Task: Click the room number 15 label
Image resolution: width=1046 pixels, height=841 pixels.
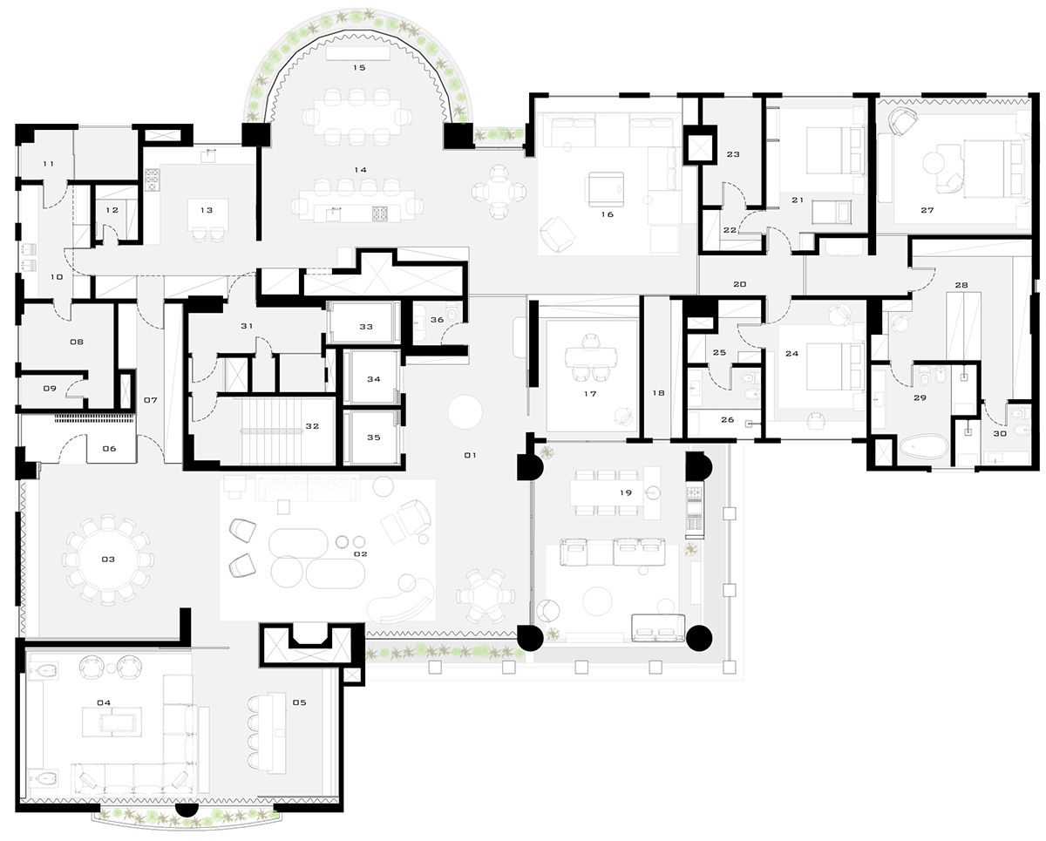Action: pos(359,68)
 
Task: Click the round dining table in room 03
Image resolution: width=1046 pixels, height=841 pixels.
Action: pos(108,560)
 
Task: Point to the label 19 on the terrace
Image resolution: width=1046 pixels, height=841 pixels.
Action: pos(626,493)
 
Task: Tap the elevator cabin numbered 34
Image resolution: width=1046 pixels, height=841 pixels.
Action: pos(374,377)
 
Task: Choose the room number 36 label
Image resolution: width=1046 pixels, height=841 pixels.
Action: pos(437,319)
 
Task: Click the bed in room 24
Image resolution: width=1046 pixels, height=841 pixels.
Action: pos(834,367)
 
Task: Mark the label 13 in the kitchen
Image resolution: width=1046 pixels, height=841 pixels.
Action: pos(207,210)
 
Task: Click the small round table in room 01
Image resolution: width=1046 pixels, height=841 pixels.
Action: pos(465,412)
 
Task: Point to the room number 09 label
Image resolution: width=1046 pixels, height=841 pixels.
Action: pos(50,389)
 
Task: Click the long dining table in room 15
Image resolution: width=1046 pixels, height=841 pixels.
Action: pos(357,117)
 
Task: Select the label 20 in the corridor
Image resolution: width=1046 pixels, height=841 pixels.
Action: pos(739,284)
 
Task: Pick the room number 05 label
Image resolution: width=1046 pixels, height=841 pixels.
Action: pos(299,702)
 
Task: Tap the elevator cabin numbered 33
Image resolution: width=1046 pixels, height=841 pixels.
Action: pos(366,323)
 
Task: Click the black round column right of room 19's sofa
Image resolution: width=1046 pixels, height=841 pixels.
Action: pos(699,638)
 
